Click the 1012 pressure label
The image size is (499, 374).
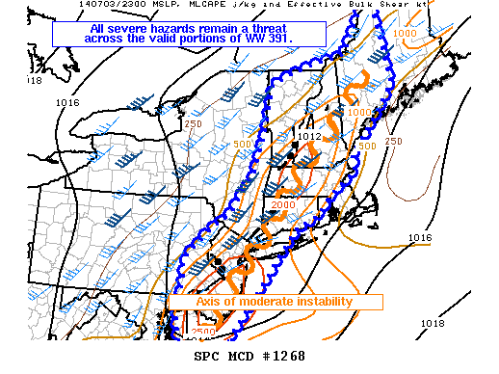click(x=308, y=137)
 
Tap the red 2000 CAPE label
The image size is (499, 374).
click(x=283, y=203)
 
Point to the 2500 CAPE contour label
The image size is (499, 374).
click(x=203, y=333)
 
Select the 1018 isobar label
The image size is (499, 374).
click(x=433, y=323)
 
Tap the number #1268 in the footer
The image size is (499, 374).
click(x=283, y=356)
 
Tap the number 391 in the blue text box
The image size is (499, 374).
click(x=286, y=40)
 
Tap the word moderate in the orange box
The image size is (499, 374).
click(x=265, y=302)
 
